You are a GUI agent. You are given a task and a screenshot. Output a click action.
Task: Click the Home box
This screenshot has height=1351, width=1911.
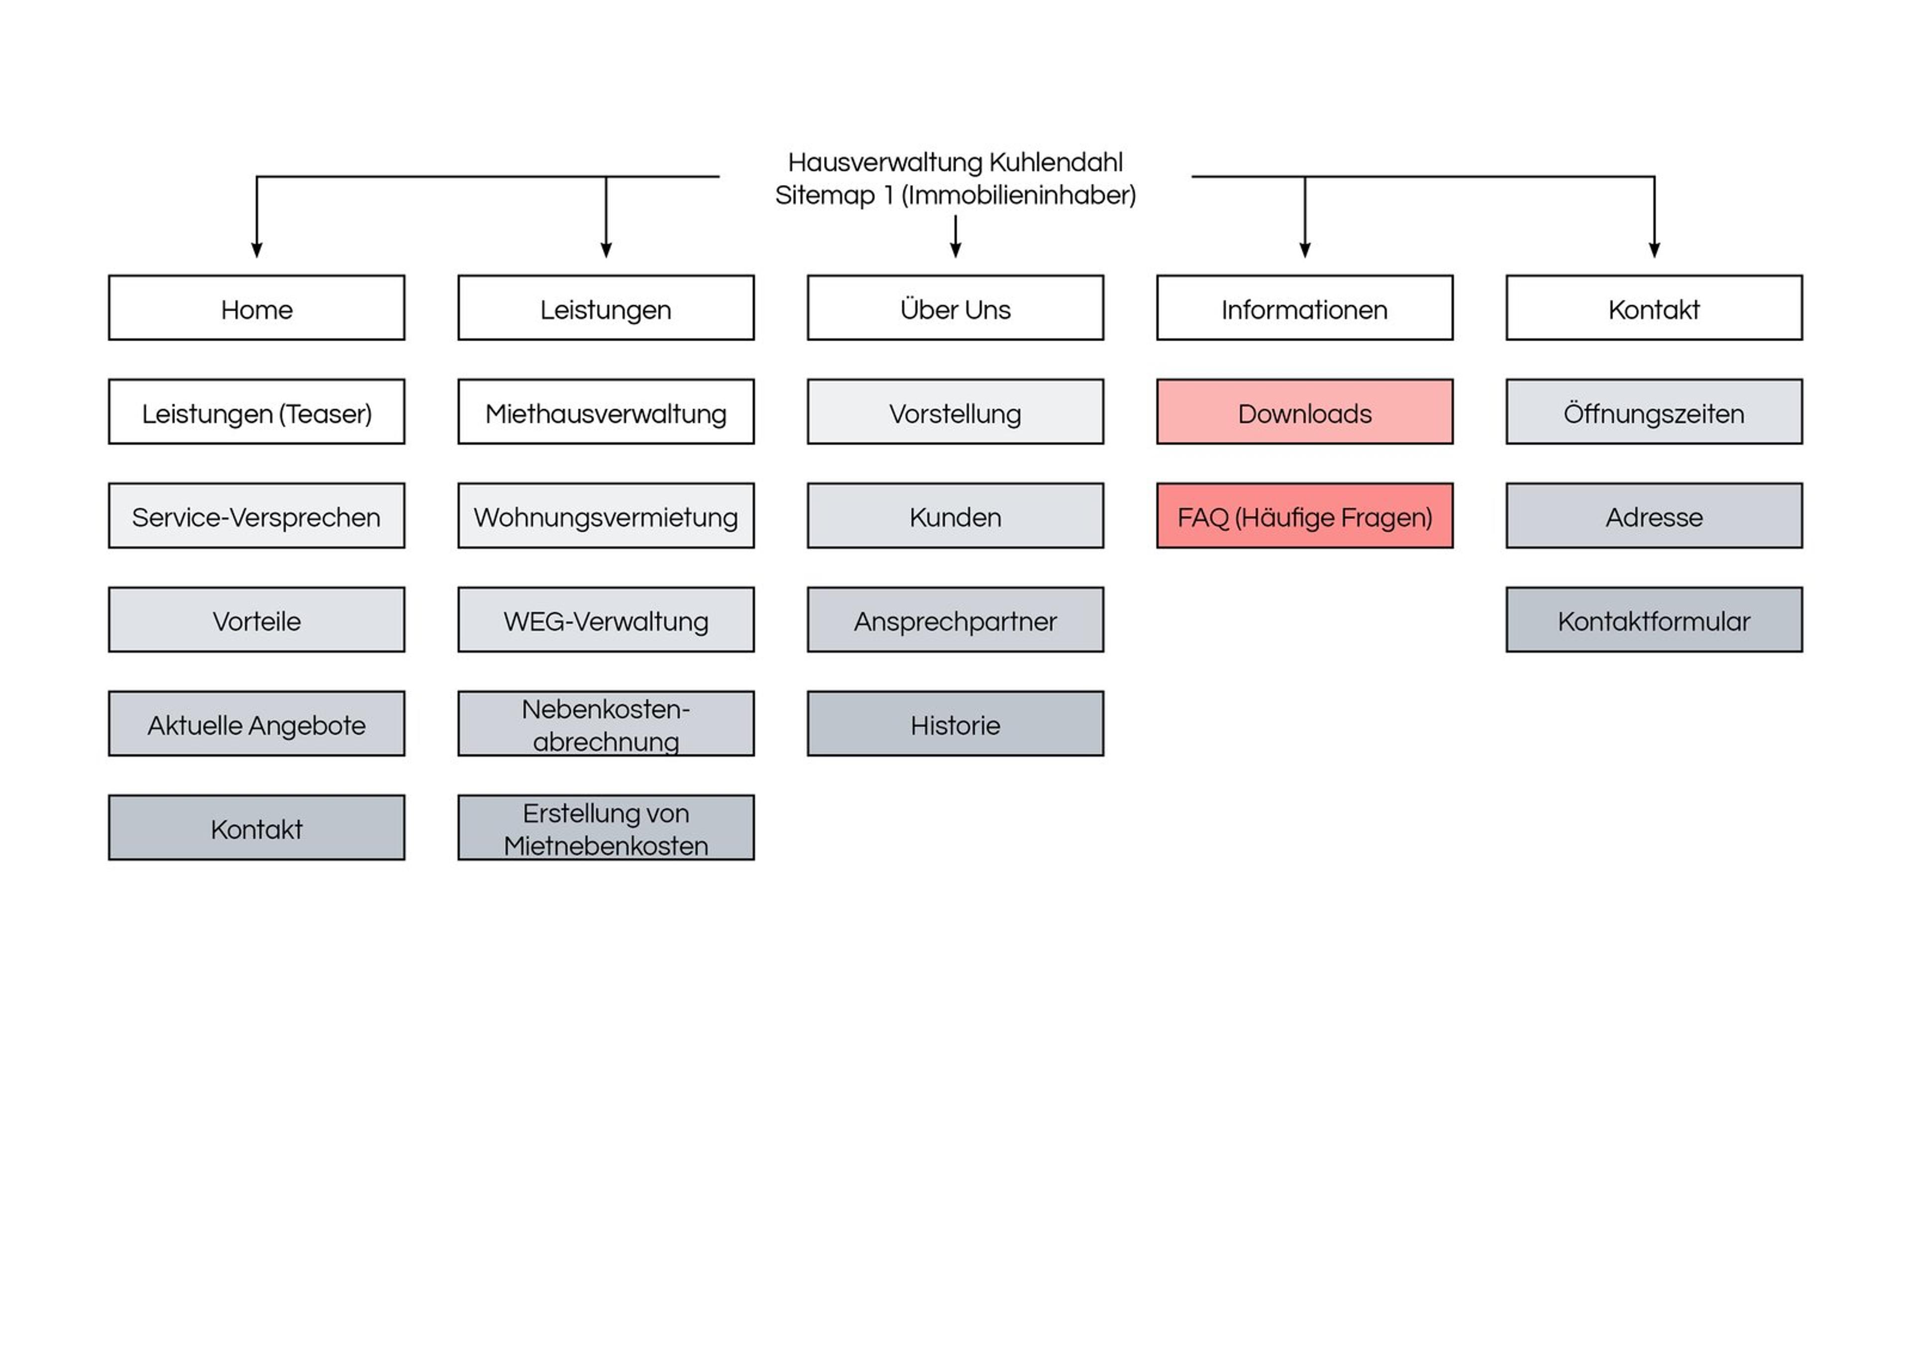tap(256, 308)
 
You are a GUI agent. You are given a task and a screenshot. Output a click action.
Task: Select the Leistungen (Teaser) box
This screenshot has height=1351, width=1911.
tap(256, 412)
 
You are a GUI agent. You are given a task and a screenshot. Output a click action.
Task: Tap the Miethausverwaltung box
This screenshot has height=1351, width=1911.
tap(606, 412)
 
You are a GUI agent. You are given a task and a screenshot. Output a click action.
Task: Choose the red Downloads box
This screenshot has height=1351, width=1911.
tap(1304, 412)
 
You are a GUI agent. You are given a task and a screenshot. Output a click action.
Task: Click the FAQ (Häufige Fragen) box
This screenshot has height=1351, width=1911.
tap(1304, 516)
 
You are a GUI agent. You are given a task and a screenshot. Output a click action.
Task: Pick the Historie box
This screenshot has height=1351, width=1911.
tap(955, 724)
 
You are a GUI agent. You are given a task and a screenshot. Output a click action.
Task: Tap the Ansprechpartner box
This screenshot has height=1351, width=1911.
tap(955, 620)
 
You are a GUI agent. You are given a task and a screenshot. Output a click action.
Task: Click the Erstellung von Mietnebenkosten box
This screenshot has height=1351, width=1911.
tap(606, 828)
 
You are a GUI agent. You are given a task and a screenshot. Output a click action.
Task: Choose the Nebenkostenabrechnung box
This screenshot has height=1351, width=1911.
tap(606, 724)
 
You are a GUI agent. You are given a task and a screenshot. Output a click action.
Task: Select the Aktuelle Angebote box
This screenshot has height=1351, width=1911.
tap(256, 724)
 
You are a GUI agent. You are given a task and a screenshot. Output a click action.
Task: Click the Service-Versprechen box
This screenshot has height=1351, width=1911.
tap(256, 516)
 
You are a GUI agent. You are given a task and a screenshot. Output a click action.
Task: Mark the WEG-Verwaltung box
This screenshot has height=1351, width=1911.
tap(606, 620)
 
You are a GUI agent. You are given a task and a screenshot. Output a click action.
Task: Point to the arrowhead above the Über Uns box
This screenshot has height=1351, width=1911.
tap(955, 250)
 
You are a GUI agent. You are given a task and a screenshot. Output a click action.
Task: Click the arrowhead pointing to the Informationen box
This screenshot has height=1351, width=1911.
tap(1305, 250)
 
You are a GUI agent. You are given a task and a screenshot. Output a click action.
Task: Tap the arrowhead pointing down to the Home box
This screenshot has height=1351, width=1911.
tap(256, 250)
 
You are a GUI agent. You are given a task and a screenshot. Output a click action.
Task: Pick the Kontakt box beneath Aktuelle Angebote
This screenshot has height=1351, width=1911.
tap(256, 828)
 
